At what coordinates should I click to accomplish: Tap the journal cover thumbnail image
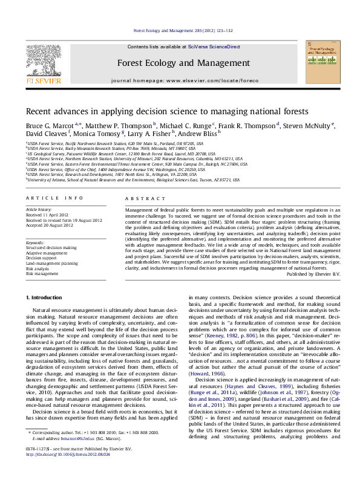[321, 63]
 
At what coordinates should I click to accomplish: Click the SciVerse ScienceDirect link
[214, 47]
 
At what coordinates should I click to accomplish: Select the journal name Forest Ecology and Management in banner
[183, 63]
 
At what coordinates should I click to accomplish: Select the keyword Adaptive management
[47, 252]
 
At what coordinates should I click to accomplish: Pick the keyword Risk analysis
[38, 268]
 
